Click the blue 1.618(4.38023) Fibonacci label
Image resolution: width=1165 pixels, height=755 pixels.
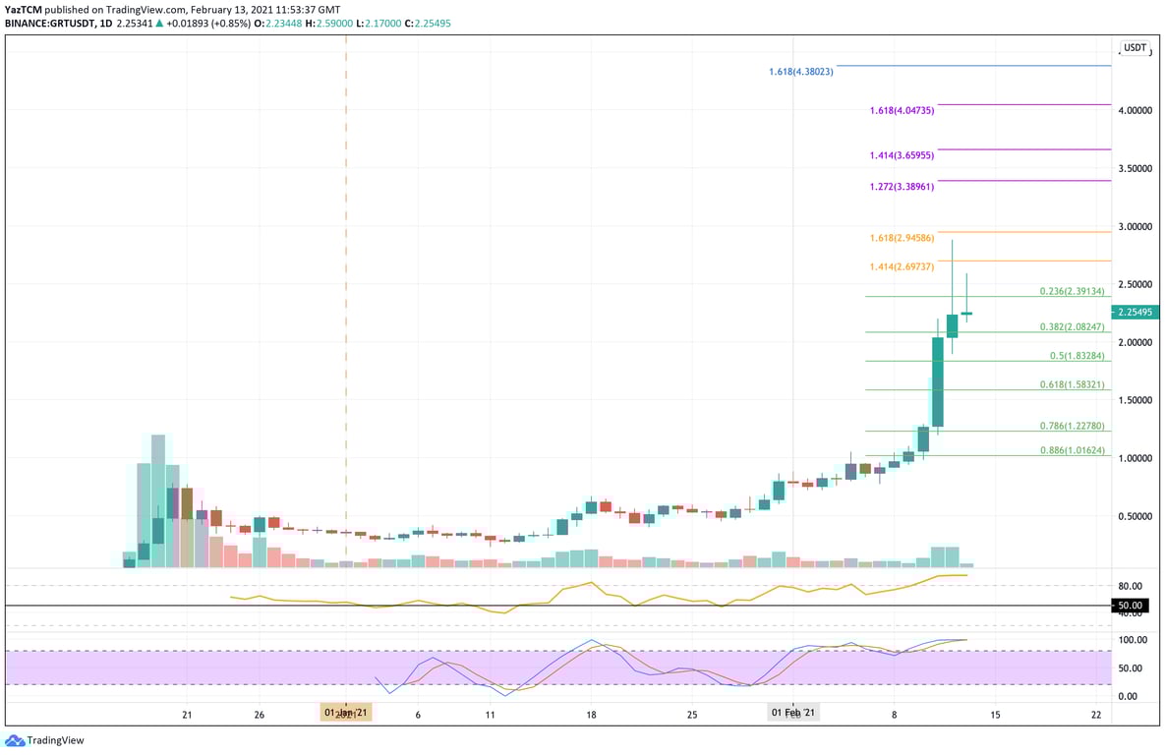click(x=800, y=72)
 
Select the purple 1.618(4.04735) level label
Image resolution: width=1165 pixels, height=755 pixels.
click(x=902, y=111)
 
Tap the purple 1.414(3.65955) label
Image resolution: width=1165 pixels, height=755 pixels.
click(x=902, y=156)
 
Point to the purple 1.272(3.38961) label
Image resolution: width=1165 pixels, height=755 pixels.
click(x=902, y=187)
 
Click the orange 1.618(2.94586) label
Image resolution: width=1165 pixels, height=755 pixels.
click(x=902, y=239)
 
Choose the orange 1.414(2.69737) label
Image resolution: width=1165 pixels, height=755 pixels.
click(x=902, y=266)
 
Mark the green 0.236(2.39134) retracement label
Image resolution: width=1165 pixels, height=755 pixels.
click(x=1073, y=292)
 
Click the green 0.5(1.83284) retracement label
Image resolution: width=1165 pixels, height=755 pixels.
click(x=1077, y=356)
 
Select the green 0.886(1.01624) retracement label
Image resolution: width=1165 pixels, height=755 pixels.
click(x=1073, y=451)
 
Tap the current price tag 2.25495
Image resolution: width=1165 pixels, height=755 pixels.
click(x=1135, y=313)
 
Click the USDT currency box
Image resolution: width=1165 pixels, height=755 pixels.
click(x=1136, y=47)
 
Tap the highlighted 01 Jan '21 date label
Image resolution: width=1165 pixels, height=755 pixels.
click(x=346, y=713)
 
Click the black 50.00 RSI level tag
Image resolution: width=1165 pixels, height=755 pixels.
click(x=1130, y=606)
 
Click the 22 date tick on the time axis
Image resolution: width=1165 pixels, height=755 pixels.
click(x=1096, y=715)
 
